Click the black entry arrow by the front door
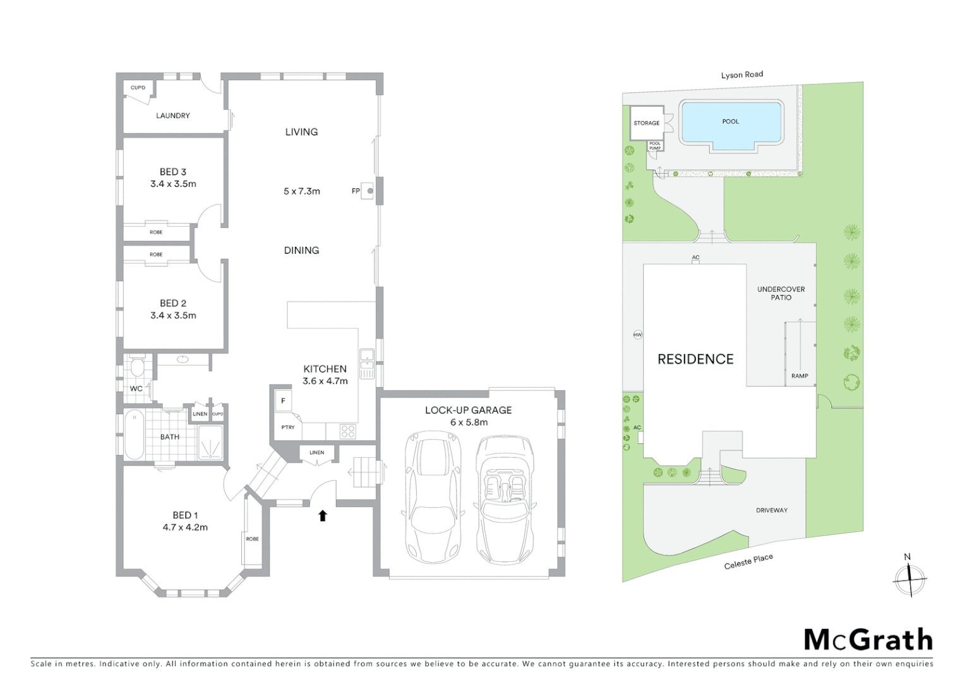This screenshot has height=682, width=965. coord(323,516)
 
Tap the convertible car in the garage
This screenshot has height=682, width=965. coord(505,499)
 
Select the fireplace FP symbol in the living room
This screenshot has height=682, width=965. coord(370,191)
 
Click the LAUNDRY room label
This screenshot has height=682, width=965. coord(173,116)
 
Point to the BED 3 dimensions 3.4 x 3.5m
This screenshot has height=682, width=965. coord(173,184)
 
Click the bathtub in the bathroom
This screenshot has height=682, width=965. coord(134,436)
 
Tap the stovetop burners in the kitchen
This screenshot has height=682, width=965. coord(348,431)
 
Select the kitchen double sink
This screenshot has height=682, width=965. coord(366,360)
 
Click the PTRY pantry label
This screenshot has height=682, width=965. coord(288,428)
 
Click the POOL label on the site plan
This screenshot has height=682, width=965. coord(731,121)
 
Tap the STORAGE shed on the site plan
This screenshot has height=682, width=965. coord(646,123)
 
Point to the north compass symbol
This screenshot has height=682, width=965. coord(909,578)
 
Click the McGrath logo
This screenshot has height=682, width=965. coord(868,640)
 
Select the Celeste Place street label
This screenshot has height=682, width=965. coord(748,561)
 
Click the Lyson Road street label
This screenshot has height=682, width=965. coord(742,75)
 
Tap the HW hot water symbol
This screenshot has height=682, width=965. coord(637,335)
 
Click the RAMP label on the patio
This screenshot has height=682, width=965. coord(800,376)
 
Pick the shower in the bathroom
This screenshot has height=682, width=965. coord(210,442)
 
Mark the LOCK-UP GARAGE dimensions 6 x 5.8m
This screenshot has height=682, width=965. coord(469,422)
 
